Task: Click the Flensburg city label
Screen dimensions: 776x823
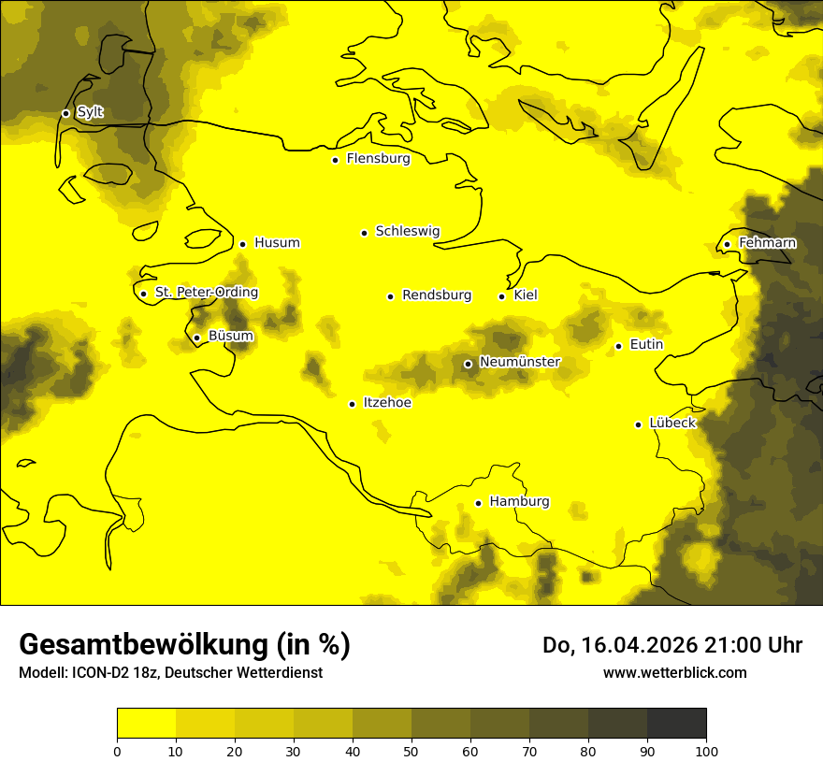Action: [x=378, y=159]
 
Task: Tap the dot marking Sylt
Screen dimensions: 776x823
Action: [x=65, y=113]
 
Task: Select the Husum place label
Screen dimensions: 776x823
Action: [x=277, y=243]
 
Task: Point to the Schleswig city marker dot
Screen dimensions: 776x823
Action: [x=365, y=233]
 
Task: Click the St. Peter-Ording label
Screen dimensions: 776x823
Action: [x=206, y=293]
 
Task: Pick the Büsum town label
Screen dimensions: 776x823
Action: [x=230, y=337]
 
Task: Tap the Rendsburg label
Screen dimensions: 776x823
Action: [x=437, y=295]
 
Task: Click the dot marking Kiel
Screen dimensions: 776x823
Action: [x=502, y=296]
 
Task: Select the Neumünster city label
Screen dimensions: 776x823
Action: [x=519, y=362]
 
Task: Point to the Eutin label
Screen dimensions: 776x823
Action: [x=646, y=345]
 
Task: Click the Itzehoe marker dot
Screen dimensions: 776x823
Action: [x=352, y=404]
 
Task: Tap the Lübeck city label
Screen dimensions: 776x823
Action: [x=671, y=423]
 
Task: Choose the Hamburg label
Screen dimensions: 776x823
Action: [x=519, y=502]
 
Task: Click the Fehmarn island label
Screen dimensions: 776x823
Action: [x=767, y=243]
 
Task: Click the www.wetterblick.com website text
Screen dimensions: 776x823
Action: [x=674, y=672]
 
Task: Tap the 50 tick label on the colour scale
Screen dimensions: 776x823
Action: [x=411, y=750]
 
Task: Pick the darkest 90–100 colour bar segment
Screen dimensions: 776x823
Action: [x=676, y=724]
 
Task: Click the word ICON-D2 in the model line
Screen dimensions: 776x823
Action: [x=97, y=673]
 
